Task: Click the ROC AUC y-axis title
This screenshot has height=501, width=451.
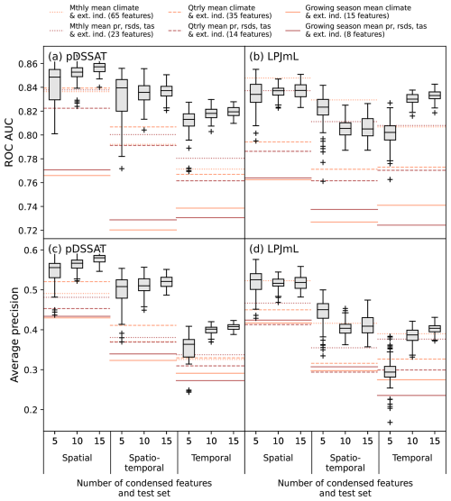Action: (x=9, y=142)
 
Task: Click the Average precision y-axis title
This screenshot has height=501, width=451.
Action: (x=14, y=334)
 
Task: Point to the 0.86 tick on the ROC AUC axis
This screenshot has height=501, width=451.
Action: (x=28, y=64)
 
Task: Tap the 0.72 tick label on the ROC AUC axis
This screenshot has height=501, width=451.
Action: (x=28, y=231)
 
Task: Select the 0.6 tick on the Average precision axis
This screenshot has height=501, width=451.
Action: (x=31, y=250)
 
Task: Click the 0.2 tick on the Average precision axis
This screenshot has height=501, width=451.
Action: (x=31, y=410)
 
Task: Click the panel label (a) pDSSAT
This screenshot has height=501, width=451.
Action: (x=77, y=57)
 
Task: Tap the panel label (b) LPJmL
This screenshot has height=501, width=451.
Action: (x=274, y=57)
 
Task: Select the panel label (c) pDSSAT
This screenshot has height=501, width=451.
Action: (x=77, y=249)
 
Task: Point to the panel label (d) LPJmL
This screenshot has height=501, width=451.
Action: (x=274, y=249)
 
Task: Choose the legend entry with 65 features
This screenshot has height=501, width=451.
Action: (x=101, y=12)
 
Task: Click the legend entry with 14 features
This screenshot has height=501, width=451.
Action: (x=220, y=30)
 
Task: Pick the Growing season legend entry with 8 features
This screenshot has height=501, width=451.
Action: (x=355, y=30)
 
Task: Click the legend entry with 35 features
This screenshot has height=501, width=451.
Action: (x=220, y=12)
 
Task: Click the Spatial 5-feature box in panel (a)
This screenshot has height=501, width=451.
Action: (x=55, y=85)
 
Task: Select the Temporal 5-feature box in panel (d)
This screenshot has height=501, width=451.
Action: (x=390, y=371)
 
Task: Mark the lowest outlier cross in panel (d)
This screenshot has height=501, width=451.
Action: (x=390, y=423)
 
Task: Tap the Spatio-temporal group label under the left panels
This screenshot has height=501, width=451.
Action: (x=144, y=462)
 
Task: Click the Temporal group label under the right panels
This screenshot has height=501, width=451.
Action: (x=412, y=458)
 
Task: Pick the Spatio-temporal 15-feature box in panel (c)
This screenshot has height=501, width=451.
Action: (x=166, y=282)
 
